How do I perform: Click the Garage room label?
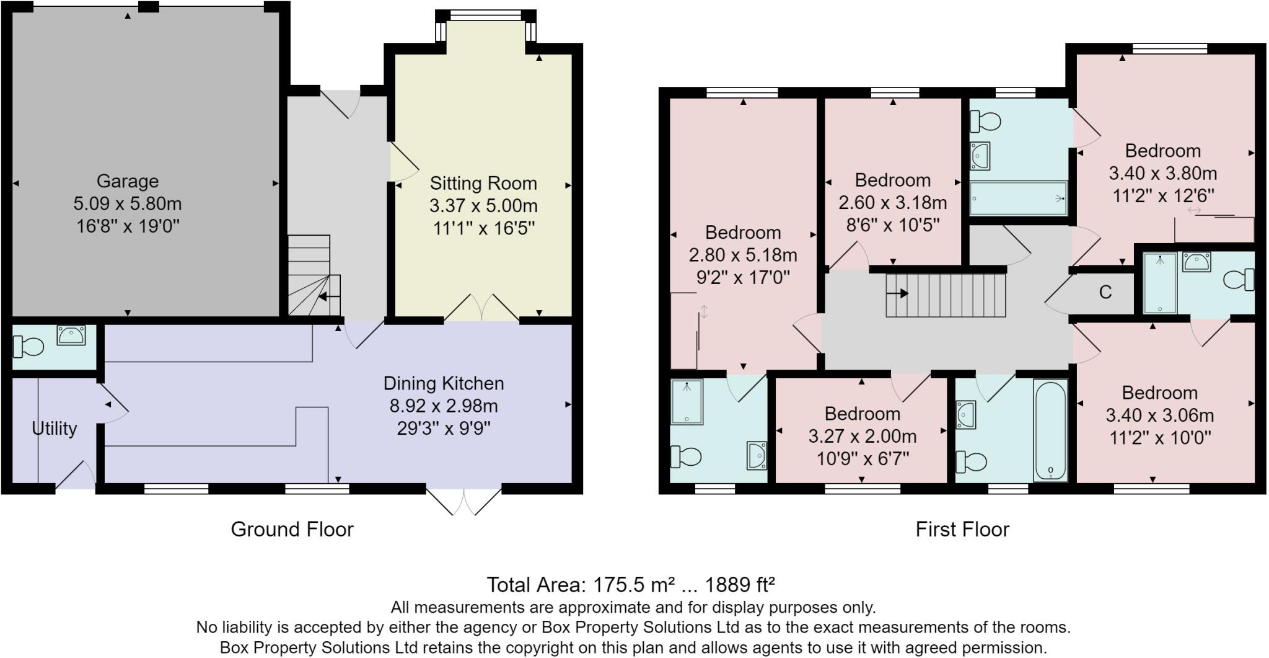coord(127,181)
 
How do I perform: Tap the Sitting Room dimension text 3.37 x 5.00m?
coord(483,206)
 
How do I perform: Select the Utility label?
coord(55,429)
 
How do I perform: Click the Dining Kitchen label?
coord(444,383)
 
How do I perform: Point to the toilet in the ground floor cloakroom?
coord(29,346)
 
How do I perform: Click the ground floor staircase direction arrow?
coord(329,297)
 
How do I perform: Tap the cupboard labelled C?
coord(1105,292)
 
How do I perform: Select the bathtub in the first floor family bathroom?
coord(1050,430)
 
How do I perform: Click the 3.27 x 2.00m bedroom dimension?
coord(862,437)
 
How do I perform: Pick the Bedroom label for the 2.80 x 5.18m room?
coord(743,233)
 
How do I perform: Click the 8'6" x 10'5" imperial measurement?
coord(893,225)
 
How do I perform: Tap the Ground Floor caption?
coord(292,529)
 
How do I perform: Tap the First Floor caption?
coord(962,529)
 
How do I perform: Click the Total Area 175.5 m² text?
coord(630,585)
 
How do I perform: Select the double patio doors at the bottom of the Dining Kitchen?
coord(463,501)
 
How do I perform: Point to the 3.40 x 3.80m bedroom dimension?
coord(1162,173)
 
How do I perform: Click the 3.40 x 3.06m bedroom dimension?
coord(1159,415)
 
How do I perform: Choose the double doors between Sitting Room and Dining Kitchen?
coord(481,308)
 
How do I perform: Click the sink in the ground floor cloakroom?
coord(71,336)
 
